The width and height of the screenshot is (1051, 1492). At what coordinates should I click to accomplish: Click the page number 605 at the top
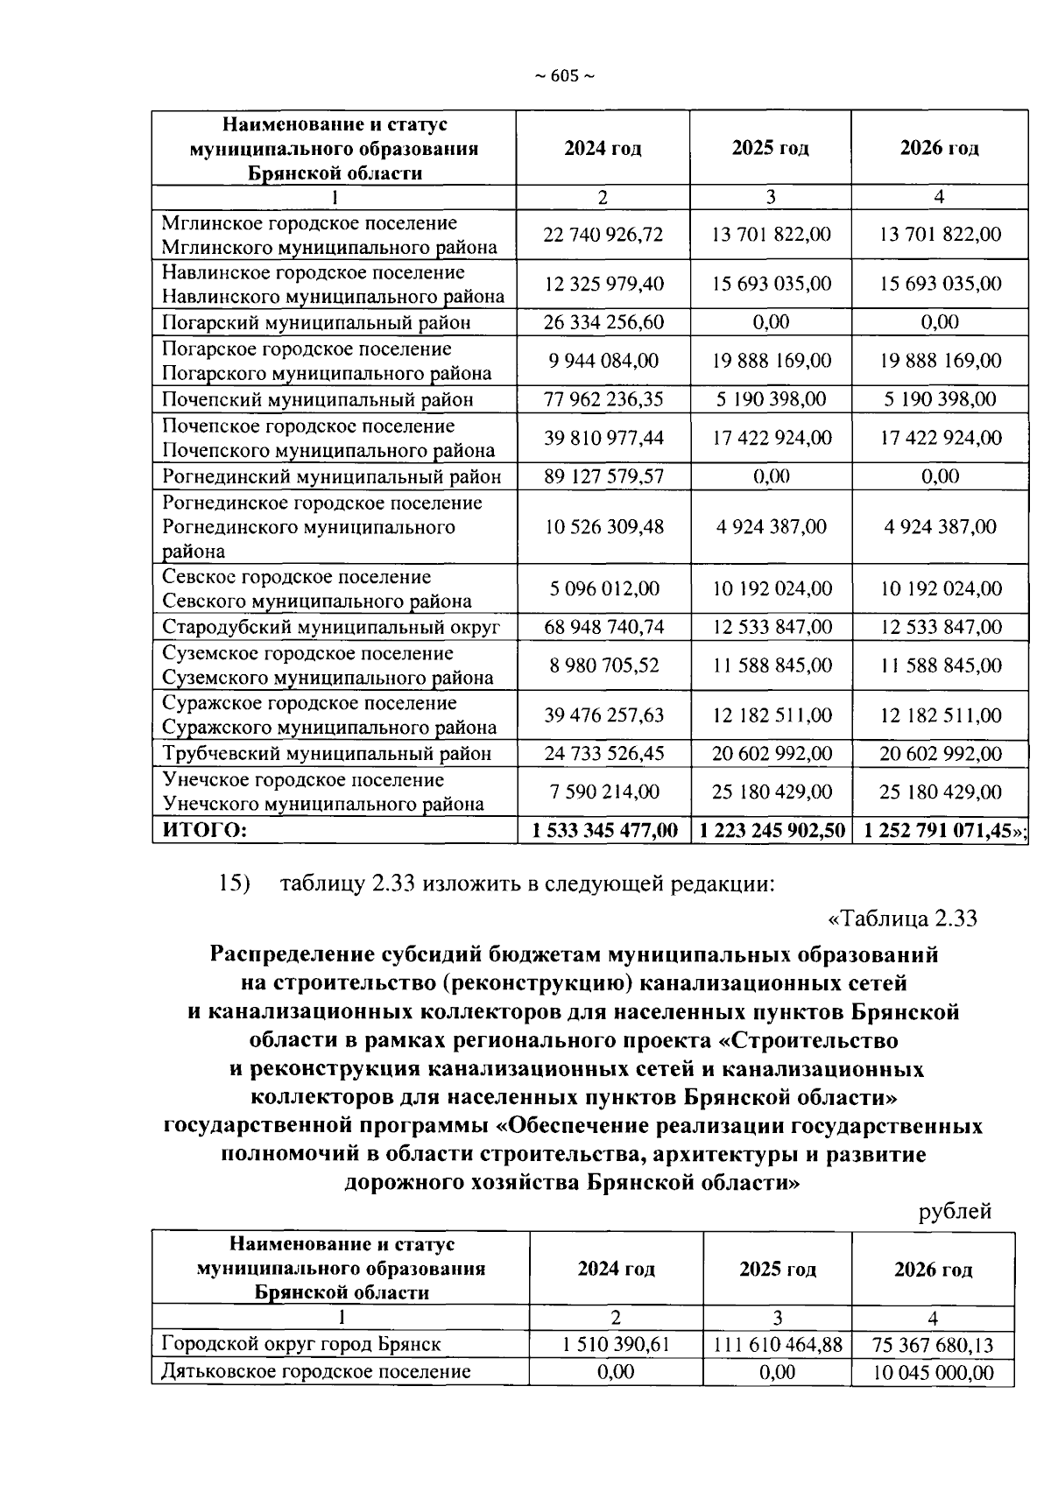(x=564, y=77)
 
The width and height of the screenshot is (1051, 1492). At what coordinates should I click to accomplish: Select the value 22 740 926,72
(x=603, y=235)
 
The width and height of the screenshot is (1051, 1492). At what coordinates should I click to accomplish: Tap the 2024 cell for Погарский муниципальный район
(x=603, y=322)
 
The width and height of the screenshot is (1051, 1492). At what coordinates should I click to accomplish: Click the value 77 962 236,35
(x=603, y=400)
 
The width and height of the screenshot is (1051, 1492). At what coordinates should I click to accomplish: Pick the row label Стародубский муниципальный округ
(x=330, y=628)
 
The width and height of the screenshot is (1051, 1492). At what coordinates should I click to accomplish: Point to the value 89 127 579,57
(x=603, y=477)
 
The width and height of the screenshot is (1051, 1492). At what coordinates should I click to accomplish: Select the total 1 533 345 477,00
(x=604, y=830)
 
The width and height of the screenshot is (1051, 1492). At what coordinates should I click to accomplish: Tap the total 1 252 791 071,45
(x=939, y=830)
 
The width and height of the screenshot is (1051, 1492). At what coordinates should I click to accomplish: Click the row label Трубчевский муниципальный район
(x=326, y=754)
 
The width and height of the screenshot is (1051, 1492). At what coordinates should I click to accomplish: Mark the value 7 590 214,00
(x=604, y=792)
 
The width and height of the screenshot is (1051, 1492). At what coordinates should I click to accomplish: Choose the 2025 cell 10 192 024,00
(x=771, y=588)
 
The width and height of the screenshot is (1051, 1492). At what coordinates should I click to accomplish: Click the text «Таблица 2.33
(x=902, y=919)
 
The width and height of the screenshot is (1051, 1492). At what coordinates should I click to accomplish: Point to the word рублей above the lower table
(x=955, y=1212)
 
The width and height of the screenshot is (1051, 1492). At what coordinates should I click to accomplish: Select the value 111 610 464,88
(x=777, y=1344)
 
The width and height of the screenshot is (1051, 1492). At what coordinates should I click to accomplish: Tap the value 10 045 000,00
(x=933, y=1372)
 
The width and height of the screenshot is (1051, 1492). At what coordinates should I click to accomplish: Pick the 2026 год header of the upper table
(x=939, y=148)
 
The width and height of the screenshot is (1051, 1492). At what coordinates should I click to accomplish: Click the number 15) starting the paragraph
(x=234, y=883)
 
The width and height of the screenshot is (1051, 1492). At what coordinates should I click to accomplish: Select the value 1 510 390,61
(x=616, y=1344)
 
